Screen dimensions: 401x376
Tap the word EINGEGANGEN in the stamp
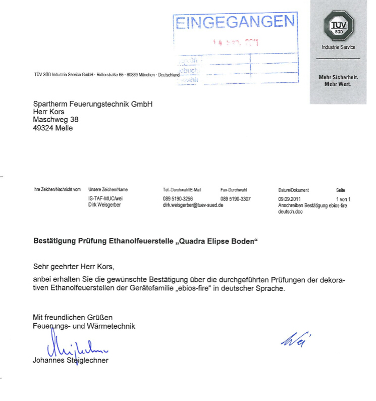(x=235, y=21)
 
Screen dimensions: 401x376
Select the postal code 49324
(x=43, y=128)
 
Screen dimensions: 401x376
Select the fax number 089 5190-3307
(x=236, y=199)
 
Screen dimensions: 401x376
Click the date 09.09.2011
(x=289, y=199)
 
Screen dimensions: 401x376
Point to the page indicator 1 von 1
(x=343, y=199)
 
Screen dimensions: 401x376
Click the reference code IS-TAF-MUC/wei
(x=105, y=199)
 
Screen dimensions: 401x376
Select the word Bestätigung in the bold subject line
(x=56, y=242)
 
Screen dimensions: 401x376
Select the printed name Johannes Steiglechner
(x=70, y=361)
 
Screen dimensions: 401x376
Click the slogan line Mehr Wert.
(x=338, y=83)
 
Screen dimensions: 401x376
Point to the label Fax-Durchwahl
(x=234, y=190)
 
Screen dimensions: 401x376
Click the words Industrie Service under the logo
(x=338, y=47)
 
